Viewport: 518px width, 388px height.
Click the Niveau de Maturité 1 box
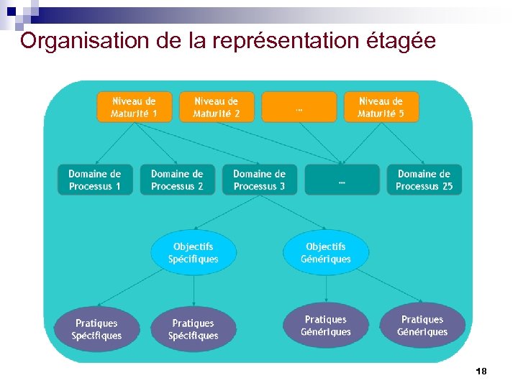(x=134, y=107)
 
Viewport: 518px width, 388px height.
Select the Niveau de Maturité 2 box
(x=217, y=107)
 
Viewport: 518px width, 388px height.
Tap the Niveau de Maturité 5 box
(x=381, y=107)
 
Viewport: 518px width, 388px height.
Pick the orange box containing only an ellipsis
(x=299, y=107)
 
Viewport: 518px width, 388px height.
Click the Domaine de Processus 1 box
(x=95, y=180)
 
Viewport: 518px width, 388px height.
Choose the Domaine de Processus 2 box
(x=177, y=180)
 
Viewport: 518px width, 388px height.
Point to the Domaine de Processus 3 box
(x=259, y=180)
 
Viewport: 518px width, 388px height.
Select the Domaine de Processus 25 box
(x=424, y=180)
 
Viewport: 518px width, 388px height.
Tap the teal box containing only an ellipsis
(x=342, y=180)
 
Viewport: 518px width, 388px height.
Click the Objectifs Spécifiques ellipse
(x=193, y=252)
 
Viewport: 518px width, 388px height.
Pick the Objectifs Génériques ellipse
(x=325, y=252)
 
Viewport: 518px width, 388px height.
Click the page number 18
(x=481, y=371)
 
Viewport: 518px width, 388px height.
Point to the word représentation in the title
(x=279, y=41)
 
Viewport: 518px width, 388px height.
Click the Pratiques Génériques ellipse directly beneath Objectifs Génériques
(x=325, y=325)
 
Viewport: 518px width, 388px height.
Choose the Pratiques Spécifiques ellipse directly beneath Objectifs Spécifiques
(x=193, y=329)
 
